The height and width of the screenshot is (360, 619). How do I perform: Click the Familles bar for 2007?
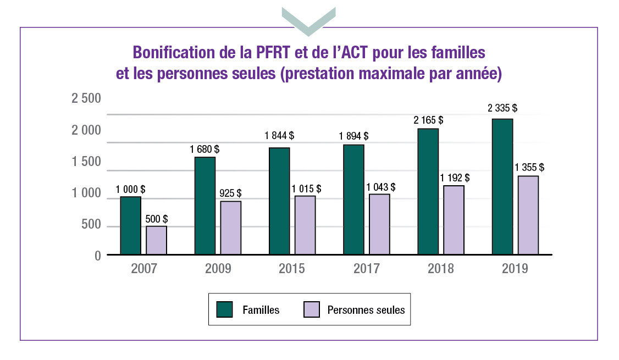click(131, 226)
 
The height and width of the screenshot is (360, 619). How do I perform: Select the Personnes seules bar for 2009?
click(231, 228)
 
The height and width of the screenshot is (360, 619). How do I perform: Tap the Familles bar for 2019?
click(502, 187)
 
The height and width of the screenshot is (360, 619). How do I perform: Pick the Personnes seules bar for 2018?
click(454, 220)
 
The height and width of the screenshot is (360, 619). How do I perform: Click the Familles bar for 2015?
click(280, 201)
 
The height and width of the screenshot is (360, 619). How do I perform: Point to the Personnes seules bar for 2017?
click(379, 225)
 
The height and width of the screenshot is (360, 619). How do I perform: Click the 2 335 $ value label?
click(502, 108)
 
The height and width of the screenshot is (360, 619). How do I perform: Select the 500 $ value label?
click(157, 219)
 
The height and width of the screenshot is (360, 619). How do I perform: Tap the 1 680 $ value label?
click(205, 149)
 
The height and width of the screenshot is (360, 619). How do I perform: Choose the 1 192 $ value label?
click(455, 178)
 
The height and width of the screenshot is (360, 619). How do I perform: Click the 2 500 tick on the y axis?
click(86, 99)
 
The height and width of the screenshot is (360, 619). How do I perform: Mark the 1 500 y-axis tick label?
click(86, 162)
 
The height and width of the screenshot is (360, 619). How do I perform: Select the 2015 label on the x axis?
click(292, 269)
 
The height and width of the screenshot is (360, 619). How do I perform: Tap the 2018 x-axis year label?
click(441, 269)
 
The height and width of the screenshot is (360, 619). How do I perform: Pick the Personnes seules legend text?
click(366, 310)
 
